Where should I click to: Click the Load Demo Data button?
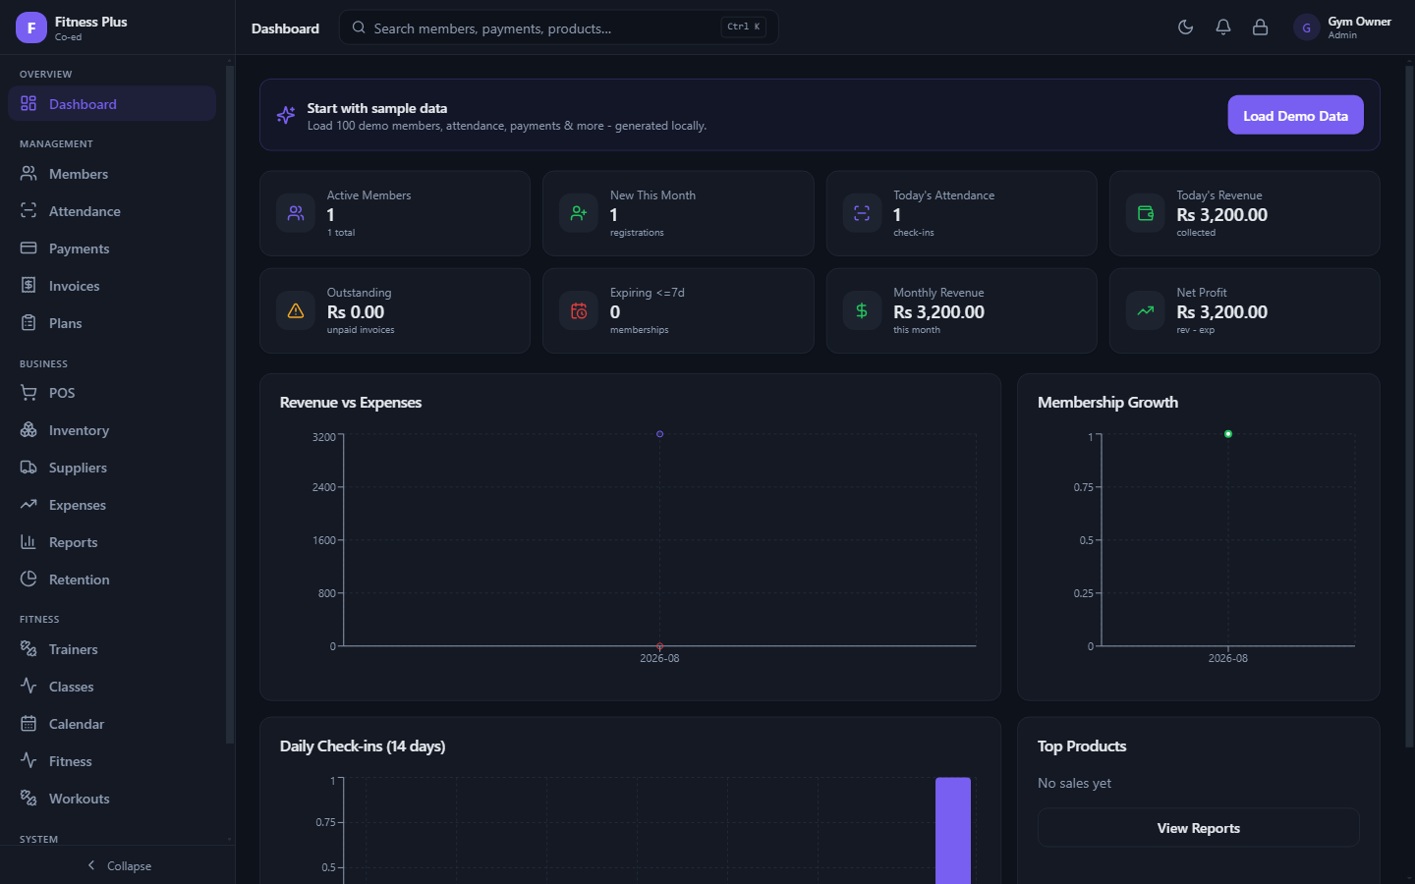(x=1295, y=115)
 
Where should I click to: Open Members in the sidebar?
(x=79, y=174)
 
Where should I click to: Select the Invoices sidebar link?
(x=74, y=286)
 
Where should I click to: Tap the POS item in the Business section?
(x=61, y=393)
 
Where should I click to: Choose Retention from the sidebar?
(x=79, y=580)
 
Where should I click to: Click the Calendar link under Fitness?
(x=77, y=724)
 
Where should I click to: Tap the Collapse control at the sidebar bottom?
(x=119, y=865)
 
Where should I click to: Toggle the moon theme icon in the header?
(x=1185, y=28)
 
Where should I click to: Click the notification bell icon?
(x=1223, y=28)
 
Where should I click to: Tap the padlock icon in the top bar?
(x=1260, y=28)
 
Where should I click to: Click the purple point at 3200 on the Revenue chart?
(x=659, y=434)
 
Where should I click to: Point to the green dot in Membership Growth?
(x=1228, y=434)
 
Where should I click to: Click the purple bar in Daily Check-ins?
(x=952, y=830)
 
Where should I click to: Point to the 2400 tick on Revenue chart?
(x=323, y=487)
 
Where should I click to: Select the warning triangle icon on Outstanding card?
(x=296, y=310)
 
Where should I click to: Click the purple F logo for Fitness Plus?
(x=31, y=28)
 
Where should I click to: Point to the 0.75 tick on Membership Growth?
(x=1083, y=487)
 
